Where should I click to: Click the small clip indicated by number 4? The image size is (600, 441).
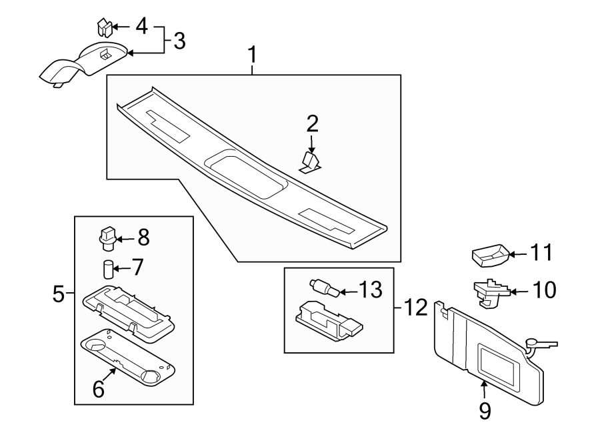[102, 27]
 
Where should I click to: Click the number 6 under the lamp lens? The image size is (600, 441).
[99, 389]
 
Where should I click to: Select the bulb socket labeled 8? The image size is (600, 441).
[108, 236]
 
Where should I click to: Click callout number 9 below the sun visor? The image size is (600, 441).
[485, 410]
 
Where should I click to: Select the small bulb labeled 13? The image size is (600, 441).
[324, 288]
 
